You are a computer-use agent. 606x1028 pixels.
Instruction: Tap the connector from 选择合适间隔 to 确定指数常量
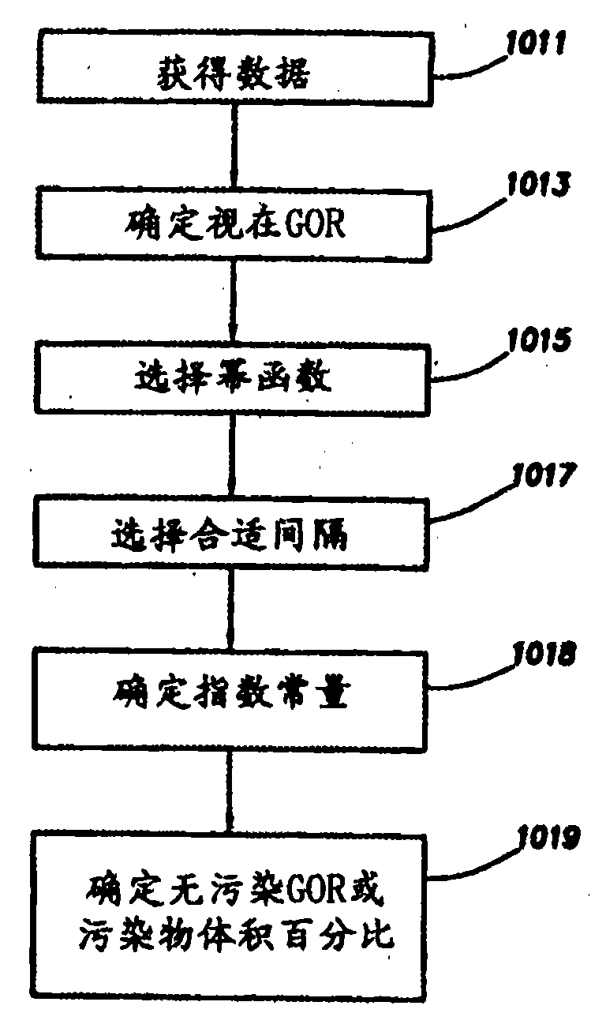pos(231,615)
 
